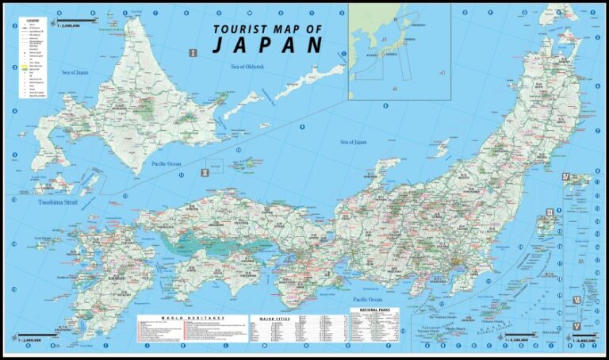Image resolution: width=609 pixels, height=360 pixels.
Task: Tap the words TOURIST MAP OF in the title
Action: pyautogui.click(x=267, y=29)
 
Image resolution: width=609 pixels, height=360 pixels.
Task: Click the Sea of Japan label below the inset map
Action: pyautogui.click(x=354, y=143)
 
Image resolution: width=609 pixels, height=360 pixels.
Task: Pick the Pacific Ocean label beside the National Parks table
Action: pyautogui.click(x=368, y=299)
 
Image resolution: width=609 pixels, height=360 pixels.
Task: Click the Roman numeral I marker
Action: pyautogui.click(x=193, y=53)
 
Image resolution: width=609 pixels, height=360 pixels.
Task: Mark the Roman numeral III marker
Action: pyautogui.click(x=550, y=213)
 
